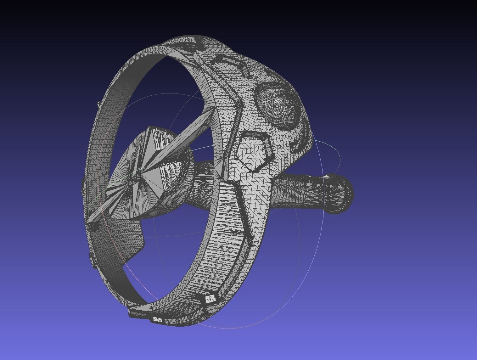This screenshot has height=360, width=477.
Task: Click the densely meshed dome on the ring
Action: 277,105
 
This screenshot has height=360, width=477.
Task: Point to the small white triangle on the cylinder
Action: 327,177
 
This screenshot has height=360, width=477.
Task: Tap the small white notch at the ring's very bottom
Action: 157,320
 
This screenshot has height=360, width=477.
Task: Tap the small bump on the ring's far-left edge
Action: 84,186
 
